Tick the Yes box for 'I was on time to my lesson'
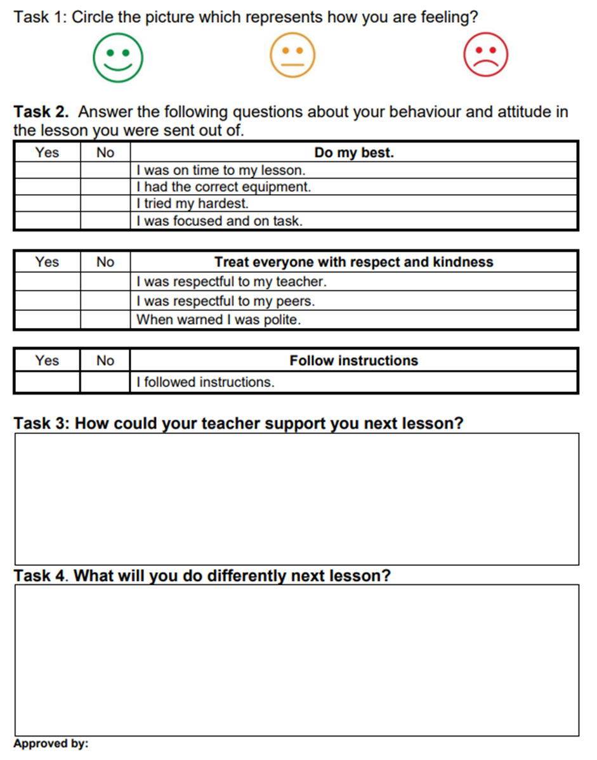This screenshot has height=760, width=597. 47,171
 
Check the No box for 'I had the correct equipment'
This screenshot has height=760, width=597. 105,187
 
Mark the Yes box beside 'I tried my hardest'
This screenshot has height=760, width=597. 47,204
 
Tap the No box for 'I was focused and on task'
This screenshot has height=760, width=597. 105,221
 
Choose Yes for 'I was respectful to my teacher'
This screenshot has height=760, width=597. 47,282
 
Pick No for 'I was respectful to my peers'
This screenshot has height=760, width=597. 105,301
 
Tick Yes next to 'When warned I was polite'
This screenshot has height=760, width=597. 47,319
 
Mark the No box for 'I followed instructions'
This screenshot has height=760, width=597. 105,382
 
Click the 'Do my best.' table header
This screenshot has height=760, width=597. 354,152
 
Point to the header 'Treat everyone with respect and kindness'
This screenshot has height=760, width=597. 354,262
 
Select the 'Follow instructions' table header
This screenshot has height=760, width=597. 354,360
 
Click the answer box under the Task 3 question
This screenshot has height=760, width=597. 297,499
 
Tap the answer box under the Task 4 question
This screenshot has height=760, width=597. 297,660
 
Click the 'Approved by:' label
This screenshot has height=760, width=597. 51,744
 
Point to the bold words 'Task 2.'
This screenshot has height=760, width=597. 41,112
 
